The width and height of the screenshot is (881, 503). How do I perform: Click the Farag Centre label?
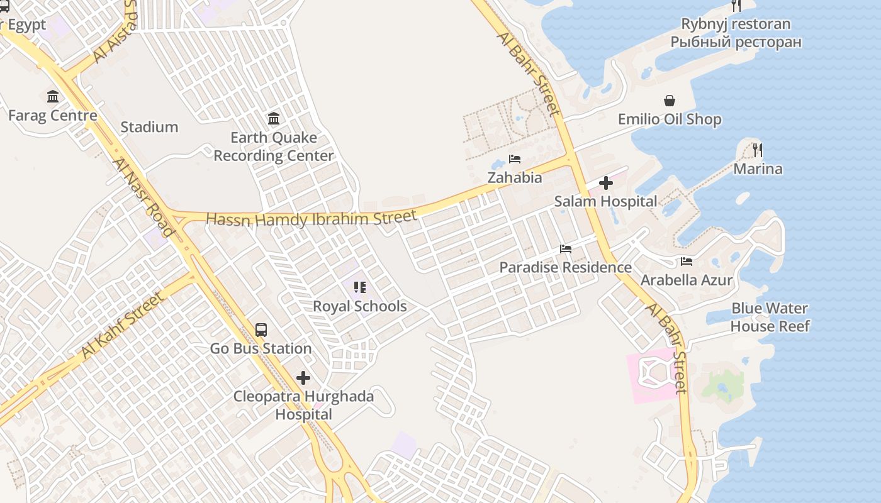(x=52, y=116)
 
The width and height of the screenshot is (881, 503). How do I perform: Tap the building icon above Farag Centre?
(x=53, y=97)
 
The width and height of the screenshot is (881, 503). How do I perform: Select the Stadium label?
(x=149, y=127)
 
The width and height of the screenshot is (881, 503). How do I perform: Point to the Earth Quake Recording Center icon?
(x=274, y=118)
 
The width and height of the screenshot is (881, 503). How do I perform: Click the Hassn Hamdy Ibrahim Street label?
(x=311, y=219)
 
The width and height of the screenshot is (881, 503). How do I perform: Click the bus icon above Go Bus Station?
(x=261, y=329)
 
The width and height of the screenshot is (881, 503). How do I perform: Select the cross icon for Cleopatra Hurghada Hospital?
(x=303, y=378)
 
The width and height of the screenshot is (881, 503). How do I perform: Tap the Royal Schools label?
(x=360, y=306)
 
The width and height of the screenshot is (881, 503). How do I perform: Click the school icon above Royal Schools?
(x=360, y=287)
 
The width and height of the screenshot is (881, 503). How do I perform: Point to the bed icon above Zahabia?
(x=515, y=159)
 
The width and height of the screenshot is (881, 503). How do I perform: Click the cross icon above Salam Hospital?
(x=606, y=183)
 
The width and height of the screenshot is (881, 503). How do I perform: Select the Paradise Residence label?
(x=565, y=267)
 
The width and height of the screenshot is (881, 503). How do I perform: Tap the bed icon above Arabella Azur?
(x=687, y=262)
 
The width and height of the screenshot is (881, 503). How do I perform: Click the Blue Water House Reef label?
(x=770, y=318)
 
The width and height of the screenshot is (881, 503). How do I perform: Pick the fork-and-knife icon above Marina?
(x=758, y=150)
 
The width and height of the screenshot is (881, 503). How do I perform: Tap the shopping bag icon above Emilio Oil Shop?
(x=670, y=101)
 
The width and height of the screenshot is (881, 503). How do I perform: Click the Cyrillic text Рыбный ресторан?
(x=736, y=42)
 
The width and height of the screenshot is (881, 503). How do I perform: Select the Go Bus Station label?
(x=261, y=348)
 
